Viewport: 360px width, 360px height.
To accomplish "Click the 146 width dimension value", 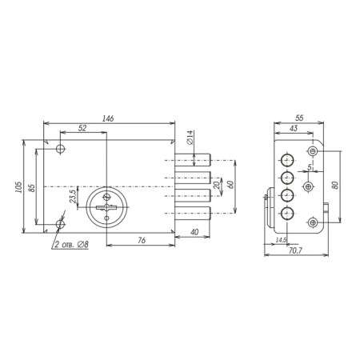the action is click(108, 118).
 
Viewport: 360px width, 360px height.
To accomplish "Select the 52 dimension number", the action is click(82, 128).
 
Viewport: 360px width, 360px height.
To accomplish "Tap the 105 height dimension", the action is click(18, 188).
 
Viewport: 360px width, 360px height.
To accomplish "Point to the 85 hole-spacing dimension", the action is click(31, 188).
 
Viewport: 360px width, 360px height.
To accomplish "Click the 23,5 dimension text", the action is click(73, 196).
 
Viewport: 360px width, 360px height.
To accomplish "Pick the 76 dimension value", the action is click(142, 240).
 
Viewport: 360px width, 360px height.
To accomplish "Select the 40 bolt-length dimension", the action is click(194, 232).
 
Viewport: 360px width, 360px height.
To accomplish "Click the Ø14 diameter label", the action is click(190, 138).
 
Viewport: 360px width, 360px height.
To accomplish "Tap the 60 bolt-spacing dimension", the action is click(231, 185).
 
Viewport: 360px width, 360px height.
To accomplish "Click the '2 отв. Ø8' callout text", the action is click(71, 245).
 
